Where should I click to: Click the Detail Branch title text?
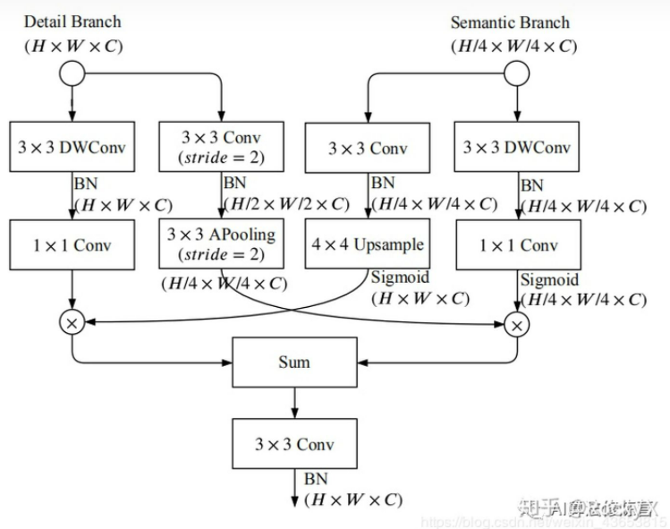click(x=72, y=21)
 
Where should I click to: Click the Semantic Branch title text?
click(x=510, y=22)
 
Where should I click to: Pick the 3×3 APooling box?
click(x=221, y=243)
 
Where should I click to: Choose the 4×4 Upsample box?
click(x=369, y=243)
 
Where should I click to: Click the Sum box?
click(x=294, y=362)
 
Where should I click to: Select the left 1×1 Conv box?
click(x=72, y=244)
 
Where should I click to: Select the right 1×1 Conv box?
click(x=516, y=244)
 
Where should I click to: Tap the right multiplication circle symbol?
click(x=516, y=323)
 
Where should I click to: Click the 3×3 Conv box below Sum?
click(x=294, y=443)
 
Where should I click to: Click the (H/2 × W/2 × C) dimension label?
click(x=286, y=204)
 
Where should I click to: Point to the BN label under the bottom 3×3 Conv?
click(x=315, y=480)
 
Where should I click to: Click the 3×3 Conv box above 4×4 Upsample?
click(x=369, y=147)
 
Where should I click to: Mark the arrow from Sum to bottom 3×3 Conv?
click(x=294, y=402)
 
